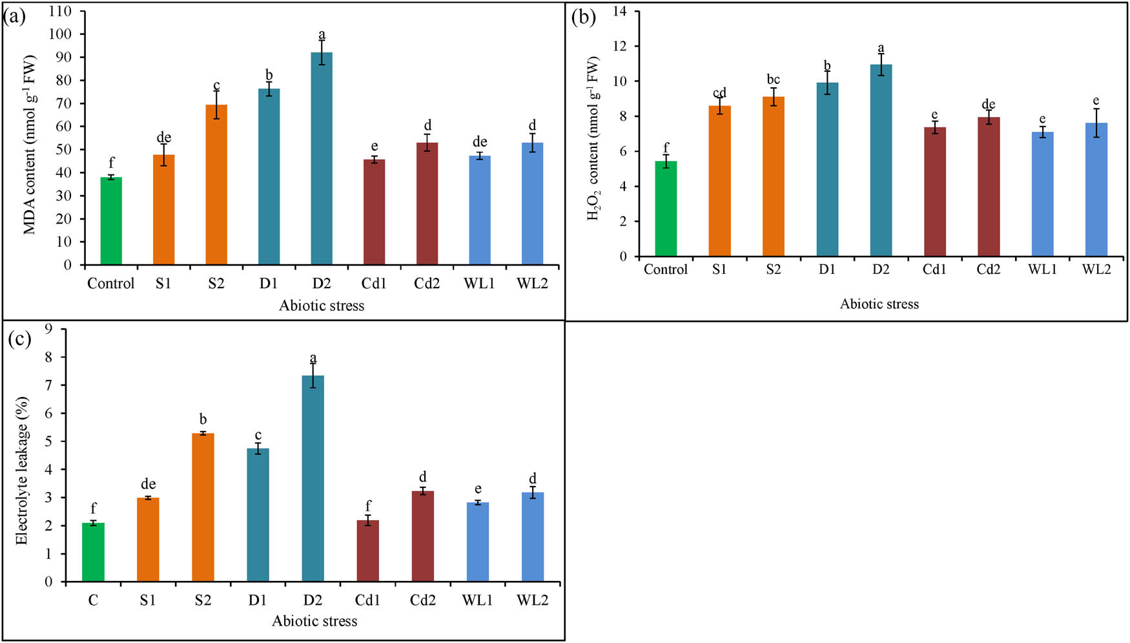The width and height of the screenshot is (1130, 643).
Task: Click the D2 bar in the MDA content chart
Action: [x=322, y=158]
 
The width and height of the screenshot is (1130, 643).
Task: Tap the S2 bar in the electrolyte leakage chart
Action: [x=203, y=507]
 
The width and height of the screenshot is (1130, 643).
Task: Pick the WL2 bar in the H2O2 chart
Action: [x=1096, y=190]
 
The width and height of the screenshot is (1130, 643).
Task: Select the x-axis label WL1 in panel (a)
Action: [x=478, y=284]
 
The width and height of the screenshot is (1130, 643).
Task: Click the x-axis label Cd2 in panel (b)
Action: [x=988, y=269]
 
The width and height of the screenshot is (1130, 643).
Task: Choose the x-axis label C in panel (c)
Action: [x=93, y=600]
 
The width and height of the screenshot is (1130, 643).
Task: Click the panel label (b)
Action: [x=584, y=17]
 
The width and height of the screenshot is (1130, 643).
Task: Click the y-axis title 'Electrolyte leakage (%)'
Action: [x=22, y=470]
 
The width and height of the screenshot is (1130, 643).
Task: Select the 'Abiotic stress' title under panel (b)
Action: [x=879, y=304]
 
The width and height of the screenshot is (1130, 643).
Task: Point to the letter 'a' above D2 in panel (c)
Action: [x=313, y=358]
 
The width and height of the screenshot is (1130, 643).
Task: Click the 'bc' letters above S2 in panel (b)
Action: [x=773, y=79]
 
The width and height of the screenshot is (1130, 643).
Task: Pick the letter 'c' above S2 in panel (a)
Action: [x=216, y=86]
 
